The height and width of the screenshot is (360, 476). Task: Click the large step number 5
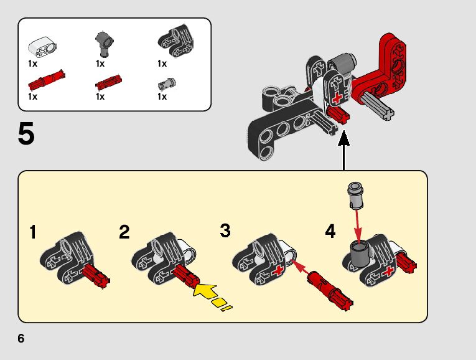[x=26, y=134]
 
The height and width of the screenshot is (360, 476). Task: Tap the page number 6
[x=21, y=338]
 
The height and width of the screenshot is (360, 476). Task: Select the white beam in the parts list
[x=42, y=47]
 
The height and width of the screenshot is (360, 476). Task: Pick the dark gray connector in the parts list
[x=104, y=44]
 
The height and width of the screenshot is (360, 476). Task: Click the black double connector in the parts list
[x=175, y=40]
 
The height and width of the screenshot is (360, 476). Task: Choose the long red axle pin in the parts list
[x=47, y=80]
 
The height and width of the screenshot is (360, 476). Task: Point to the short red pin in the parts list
[x=108, y=82]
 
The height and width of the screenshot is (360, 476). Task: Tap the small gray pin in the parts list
[x=167, y=84]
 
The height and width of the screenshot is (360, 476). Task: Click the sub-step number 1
[x=33, y=232]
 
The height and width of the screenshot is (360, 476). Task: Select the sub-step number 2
[x=124, y=232]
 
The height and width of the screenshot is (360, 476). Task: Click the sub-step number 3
[x=225, y=230]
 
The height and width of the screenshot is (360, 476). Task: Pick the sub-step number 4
[x=330, y=231]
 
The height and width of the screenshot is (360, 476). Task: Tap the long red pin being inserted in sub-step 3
[x=330, y=291]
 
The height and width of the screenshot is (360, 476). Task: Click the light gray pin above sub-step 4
[x=355, y=196]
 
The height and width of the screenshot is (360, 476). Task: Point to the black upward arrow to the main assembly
[x=343, y=150]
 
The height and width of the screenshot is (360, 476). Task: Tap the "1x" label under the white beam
[x=32, y=64]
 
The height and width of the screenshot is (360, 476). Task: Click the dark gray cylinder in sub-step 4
[x=360, y=254]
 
